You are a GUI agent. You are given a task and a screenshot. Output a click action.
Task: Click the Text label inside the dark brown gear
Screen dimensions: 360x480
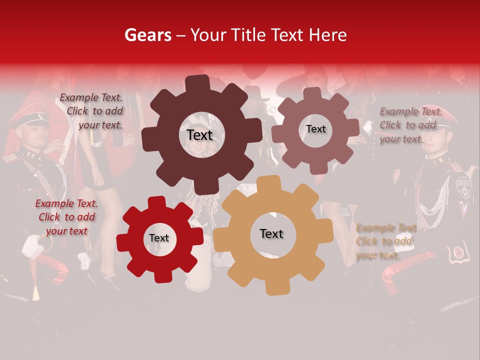pyautogui.click(x=199, y=135)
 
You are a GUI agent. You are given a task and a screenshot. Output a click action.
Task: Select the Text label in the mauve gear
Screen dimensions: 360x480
pyautogui.click(x=315, y=129)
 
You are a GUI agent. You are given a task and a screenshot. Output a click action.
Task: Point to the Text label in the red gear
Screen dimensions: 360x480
pyautogui.click(x=158, y=238)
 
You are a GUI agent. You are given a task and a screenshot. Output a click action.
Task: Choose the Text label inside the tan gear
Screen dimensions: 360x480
pyautogui.click(x=271, y=233)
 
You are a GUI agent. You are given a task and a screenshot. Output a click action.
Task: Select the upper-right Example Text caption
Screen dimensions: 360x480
pyautogui.click(x=410, y=125)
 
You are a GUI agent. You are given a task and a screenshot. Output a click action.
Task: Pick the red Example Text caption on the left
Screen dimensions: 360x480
pyautogui.click(x=66, y=217)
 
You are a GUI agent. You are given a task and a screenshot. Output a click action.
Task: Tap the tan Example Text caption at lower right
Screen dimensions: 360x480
pyautogui.click(x=385, y=241)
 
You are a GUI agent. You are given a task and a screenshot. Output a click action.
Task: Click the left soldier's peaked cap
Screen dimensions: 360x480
pyautogui.click(x=29, y=118)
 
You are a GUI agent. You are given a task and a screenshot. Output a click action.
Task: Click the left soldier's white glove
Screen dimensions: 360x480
pyautogui.click(x=33, y=246)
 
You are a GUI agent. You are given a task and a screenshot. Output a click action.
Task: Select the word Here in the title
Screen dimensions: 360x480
pyautogui.click(x=327, y=35)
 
